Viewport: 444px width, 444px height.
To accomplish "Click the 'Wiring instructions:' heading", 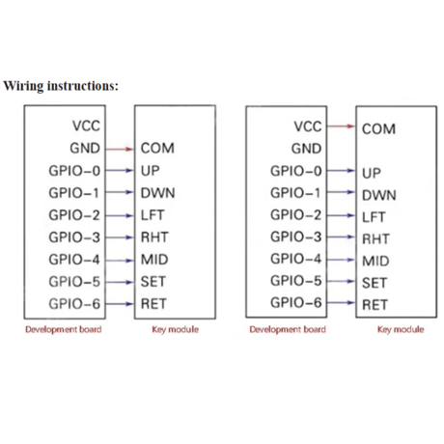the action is point(61,86).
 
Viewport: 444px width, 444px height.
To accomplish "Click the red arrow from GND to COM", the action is point(120,149).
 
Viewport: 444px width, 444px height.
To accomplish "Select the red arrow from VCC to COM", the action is point(341,126).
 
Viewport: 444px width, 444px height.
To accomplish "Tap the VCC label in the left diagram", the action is point(86,125).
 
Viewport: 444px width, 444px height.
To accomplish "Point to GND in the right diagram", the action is point(306,149).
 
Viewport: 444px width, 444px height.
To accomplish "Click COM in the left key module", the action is point(157,149).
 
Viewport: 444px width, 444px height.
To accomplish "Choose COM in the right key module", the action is point(378,129).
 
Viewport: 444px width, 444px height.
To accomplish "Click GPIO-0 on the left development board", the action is point(74,171).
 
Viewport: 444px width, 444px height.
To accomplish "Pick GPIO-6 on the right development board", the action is point(296,302).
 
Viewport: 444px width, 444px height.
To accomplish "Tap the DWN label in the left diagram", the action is point(157,193).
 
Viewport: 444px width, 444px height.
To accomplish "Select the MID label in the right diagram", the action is point(375,261).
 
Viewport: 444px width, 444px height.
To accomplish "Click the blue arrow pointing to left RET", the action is point(120,304).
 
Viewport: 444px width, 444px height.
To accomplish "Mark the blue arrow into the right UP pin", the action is point(341,171).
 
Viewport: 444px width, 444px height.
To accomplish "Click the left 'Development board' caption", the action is point(64,329).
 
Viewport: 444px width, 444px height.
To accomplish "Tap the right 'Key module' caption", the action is point(401,329).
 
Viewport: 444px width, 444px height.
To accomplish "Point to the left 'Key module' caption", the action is point(176,329).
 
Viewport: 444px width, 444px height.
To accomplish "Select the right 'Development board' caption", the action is point(288,329).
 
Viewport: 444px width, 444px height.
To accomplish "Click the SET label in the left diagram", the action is point(153,282).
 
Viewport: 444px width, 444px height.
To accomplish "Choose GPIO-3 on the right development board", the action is point(296,236).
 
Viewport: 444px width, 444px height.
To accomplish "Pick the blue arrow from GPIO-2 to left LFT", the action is point(120,215).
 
